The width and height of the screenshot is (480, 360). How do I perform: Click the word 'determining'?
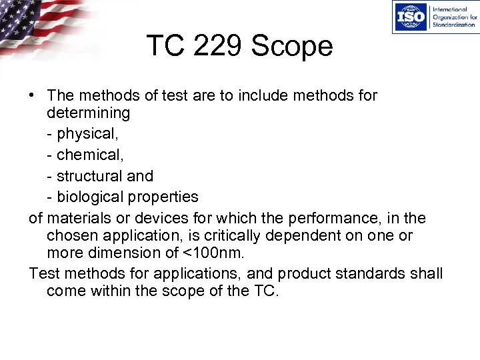[89, 113]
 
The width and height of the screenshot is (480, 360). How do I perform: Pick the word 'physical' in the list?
[87, 135]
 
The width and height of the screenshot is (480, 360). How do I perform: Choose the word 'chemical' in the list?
[87, 155]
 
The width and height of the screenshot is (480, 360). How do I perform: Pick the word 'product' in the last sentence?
[305, 274]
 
